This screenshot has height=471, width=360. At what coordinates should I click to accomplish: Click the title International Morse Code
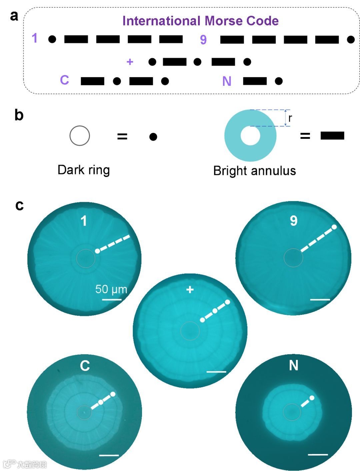200,21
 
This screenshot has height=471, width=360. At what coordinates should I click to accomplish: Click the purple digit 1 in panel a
35,38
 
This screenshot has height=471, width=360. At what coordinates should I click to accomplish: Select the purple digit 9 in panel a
203,40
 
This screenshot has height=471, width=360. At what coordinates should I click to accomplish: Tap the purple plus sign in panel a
130,62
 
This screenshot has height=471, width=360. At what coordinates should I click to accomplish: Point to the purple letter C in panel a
64,80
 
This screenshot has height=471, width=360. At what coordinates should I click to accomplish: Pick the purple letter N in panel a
227,81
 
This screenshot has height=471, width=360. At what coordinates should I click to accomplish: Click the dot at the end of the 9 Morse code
351,40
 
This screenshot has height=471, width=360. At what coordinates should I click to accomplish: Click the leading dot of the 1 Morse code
52,39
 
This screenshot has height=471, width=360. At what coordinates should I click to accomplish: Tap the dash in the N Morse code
255,81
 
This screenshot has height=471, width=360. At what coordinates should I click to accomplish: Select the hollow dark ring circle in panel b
80,136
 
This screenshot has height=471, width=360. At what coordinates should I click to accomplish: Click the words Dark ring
83,170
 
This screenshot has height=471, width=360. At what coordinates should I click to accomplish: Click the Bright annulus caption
254,171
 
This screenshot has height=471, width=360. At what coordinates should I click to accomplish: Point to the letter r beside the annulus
290,118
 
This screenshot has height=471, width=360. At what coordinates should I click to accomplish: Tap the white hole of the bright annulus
250,136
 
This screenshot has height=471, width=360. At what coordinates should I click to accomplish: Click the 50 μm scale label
111,289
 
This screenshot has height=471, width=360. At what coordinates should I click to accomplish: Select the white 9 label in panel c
294,220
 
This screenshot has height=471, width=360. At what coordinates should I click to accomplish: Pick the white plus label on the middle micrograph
190,289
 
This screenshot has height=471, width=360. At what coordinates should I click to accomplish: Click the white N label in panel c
294,365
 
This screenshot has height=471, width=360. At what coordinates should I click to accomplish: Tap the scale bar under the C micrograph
109,455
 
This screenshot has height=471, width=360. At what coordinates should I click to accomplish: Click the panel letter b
19,115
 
